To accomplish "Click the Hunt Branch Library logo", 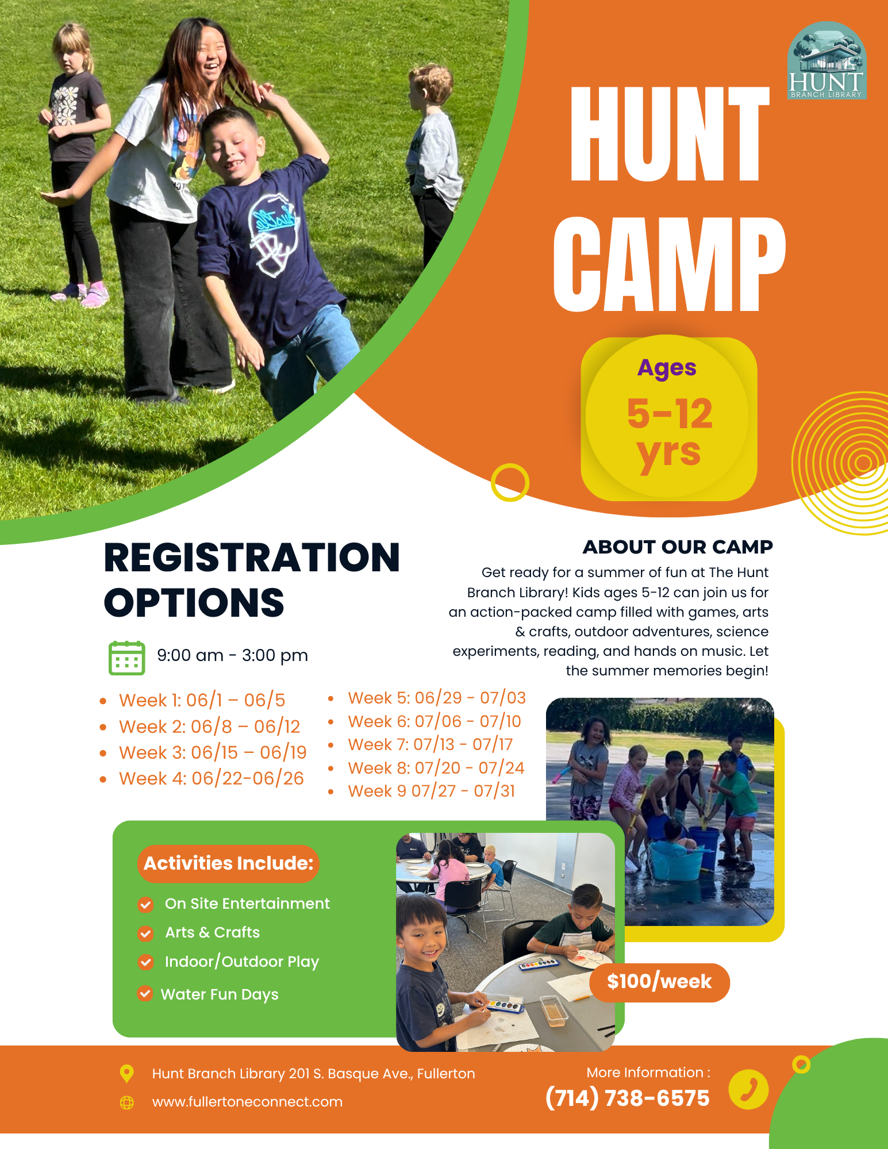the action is [x=827, y=60].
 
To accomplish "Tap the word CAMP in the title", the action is [x=669, y=265].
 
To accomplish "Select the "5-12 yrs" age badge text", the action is [x=670, y=433].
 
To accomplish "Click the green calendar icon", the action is [x=126, y=658].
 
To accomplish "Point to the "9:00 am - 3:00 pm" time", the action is [x=232, y=655].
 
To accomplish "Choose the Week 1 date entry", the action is [x=202, y=700].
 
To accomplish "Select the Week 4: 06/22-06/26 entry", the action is [x=211, y=778].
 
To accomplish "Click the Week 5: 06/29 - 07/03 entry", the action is [x=437, y=698].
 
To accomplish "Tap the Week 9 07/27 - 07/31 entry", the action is [x=431, y=791].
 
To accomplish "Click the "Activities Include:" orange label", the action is [x=228, y=863].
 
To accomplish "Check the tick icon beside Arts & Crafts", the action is [x=145, y=933].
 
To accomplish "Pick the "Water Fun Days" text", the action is [x=220, y=994].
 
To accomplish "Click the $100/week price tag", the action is [x=659, y=982].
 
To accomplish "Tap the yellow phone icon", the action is [x=748, y=1089].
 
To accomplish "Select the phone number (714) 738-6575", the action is [x=628, y=1098].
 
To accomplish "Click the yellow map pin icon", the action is [x=126, y=1074].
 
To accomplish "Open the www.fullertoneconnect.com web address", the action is [x=247, y=1102].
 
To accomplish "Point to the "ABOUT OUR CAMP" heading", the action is [x=678, y=547].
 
